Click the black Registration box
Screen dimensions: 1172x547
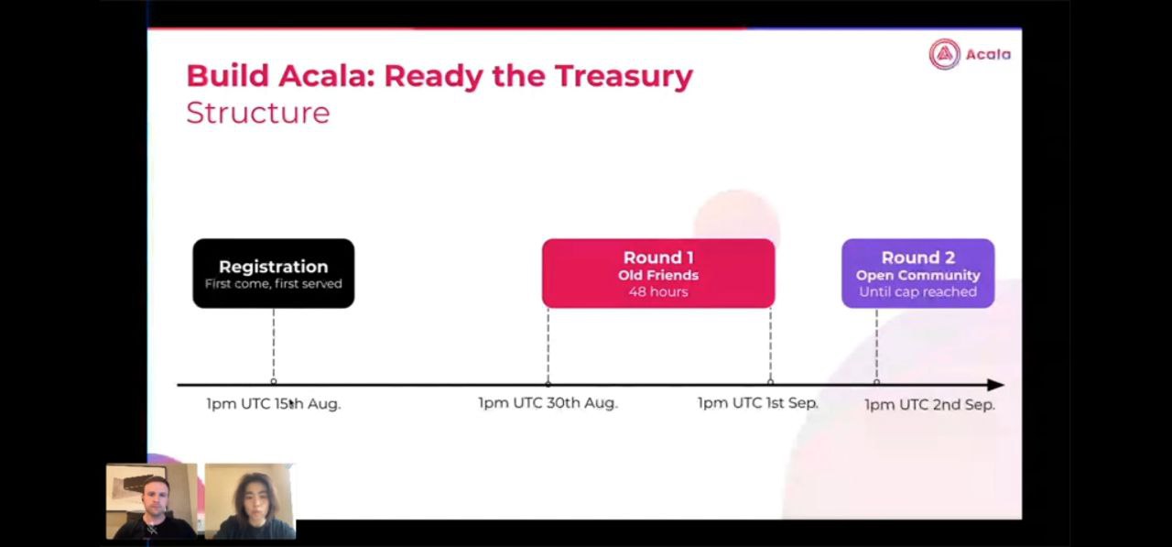273,273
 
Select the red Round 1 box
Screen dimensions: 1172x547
658,273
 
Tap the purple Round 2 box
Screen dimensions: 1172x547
917,273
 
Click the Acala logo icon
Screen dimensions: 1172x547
944,54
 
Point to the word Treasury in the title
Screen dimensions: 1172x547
624,76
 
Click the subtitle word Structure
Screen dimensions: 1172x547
258,113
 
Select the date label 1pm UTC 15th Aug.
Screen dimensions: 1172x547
273,404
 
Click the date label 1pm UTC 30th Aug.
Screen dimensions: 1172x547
548,403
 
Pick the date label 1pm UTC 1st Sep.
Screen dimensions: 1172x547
757,403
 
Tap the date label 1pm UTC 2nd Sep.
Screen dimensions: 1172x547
929,405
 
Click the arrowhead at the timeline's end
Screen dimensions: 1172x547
995,385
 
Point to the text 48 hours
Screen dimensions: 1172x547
658,291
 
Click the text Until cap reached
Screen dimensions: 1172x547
917,291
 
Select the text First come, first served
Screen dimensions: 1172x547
273,284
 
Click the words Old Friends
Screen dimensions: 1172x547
658,275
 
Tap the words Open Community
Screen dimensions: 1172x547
917,275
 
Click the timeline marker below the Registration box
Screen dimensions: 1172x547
274,381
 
